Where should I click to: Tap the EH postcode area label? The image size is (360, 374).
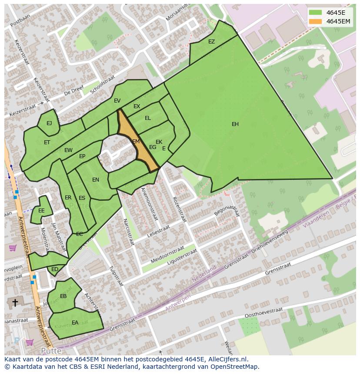[235, 124]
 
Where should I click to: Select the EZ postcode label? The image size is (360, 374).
[211, 42]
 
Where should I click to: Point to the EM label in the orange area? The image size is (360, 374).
[136, 142]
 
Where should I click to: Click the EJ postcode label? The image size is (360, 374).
[49, 123]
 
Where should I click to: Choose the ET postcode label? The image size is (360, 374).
[47, 142]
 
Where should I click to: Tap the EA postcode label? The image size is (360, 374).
[75, 322]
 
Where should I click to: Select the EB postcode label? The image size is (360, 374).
[63, 296]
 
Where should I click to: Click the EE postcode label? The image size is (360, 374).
[41, 211]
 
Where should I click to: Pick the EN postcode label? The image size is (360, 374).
[96, 180]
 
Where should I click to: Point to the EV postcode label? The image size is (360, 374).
[117, 101]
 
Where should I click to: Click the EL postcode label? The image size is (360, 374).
[148, 118]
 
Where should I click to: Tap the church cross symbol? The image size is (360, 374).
[15, 302]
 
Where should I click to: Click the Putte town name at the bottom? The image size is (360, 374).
[51, 351]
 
